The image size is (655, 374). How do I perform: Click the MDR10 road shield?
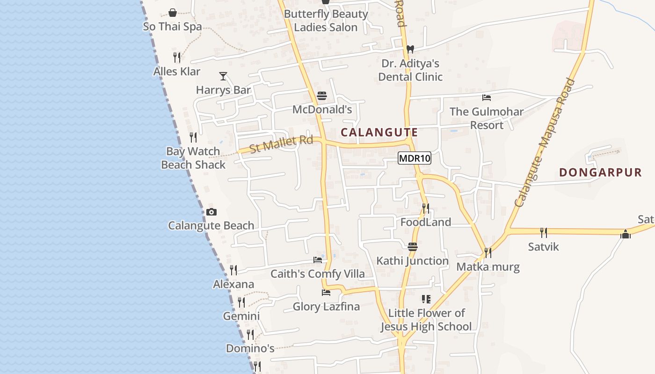(x=415, y=158)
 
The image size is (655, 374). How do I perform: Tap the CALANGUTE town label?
(x=379, y=132)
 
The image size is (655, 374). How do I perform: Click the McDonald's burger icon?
(x=322, y=96)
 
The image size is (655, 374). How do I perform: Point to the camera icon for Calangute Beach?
(x=211, y=212)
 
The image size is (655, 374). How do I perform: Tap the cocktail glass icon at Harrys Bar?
(x=223, y=76)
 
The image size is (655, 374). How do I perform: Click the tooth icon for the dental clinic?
(x=410, y=49)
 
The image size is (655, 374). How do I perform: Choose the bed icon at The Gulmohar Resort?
(x=487, y=98)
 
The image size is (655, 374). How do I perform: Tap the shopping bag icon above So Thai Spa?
(x=173, y=13)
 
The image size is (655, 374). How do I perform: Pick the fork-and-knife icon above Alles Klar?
(x=177, y=58)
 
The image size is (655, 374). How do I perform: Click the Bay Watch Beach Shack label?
(x=193, y=158)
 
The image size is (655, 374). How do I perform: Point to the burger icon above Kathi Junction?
(x=412, y=247)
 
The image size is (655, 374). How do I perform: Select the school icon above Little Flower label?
(x=426, y=299)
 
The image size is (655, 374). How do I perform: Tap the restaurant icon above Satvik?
(x=543, y=232)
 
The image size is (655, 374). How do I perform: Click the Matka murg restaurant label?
(x=488, y=267)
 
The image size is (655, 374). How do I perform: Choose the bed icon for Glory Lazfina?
(x=326, y=293)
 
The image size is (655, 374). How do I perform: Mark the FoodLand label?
(x=426, y=222)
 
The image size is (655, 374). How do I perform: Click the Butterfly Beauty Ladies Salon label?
(x=326, y=21)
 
